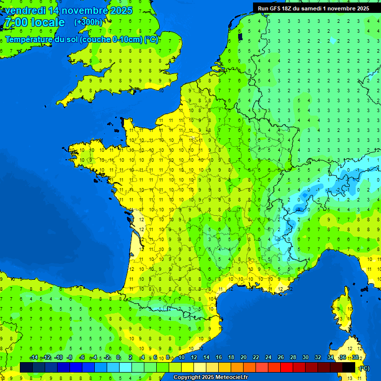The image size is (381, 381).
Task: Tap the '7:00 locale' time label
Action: coord(34,22)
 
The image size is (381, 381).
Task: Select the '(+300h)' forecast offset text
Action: coord(88,22)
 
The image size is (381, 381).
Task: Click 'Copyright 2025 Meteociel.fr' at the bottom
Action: coord(210,378)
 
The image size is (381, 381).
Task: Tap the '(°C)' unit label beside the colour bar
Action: coord(364,368)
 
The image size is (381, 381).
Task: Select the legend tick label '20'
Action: coord(243,358)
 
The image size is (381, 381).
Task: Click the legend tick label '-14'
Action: coord(34,358)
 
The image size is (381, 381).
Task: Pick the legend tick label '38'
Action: coord(355,358)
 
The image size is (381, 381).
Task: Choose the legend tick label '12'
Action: coord(193,358)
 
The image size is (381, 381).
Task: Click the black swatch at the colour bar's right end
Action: coord(349,367)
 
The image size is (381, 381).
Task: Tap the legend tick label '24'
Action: coord(268,358)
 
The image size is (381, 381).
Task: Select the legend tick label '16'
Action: coord(218,358)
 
